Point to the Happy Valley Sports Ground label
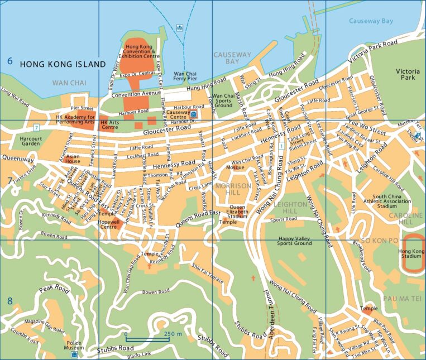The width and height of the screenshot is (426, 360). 295,241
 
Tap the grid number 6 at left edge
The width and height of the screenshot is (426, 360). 9,61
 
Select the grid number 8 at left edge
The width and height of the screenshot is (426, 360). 9,301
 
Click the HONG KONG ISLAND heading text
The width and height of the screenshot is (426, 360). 63,65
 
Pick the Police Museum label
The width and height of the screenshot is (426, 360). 74,344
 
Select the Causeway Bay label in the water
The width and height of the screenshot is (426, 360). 371,21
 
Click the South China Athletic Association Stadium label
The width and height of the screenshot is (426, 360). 391,201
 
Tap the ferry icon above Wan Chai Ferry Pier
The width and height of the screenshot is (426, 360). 179,27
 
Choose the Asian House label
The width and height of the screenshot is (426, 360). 73,159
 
